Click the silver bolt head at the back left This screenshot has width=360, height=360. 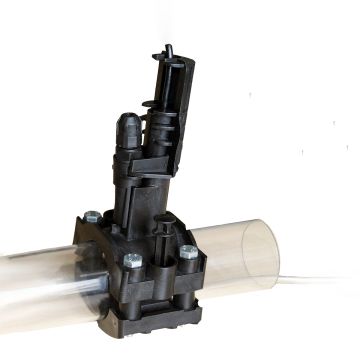(93, 215)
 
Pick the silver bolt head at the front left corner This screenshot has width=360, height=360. (133, 260)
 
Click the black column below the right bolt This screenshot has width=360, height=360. (188, 280)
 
